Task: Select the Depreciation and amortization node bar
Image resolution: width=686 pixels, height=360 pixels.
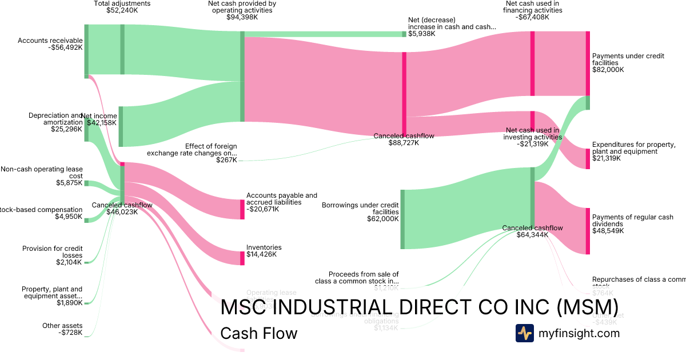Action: click(x=86, y=127)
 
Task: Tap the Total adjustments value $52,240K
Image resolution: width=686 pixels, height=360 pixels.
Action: click(x=122, y=11)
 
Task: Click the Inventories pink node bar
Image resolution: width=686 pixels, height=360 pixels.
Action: click(x=242, y=257)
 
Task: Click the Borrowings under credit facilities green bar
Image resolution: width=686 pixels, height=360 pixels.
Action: click(x=402, y=219)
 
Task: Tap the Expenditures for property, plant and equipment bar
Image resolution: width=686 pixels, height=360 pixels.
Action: click(x=587, y=158)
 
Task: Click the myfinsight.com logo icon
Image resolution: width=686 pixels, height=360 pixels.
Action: click(x=524, y=333)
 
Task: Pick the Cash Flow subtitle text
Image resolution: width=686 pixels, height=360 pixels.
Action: click(x=258, y=333)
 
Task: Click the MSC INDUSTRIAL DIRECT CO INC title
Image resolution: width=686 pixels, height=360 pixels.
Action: click(x=419, y=307)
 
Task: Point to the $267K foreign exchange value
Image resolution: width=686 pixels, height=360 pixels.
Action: click(x=226, y=161)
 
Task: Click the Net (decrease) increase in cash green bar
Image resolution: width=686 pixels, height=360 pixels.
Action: click(x=404, y=34)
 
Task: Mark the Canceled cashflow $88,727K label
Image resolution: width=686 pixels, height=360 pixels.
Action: click(x=404, y=139)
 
